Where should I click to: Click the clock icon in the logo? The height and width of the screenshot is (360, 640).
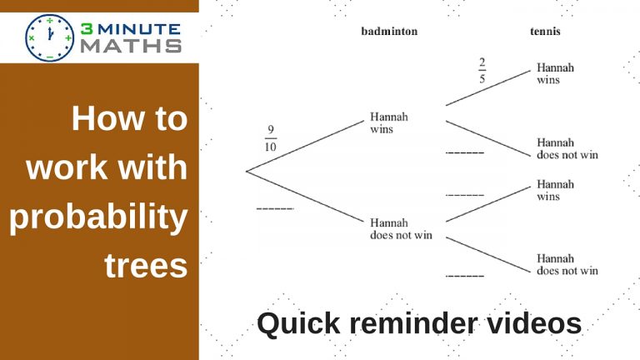pyautogui.click(x=50, y=38)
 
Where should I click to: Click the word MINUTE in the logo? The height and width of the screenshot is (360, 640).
pyautogui.click(x=139, y=29)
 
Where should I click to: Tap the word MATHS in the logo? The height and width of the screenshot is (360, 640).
pyautogui.click(x=131, y=46)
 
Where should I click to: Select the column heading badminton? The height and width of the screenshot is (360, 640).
pyautogui.click(x=389, y=32)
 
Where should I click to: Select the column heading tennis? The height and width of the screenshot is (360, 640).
pyautogui.click(x=545, y=32)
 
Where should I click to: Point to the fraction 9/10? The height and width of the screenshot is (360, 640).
pyautogui.click(x=270, y=138)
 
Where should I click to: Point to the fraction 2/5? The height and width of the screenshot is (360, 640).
pyautogui.click(x=482, y=71)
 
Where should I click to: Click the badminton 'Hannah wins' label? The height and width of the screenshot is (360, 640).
pyautogui.click(x=389, y=122)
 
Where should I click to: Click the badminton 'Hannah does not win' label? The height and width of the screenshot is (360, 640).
pyautogui.click(x=401, y=229)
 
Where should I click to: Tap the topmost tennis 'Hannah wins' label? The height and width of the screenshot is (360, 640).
pyautogui.click(x=555, y=73)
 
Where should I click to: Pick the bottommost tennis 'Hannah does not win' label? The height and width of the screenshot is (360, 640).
pyautogui.click(x=567, y=264)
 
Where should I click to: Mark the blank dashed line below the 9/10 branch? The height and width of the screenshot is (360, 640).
pyautogui.click(x=275, y=209)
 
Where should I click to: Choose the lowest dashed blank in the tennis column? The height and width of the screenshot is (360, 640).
pyautogui.click(x=465, y=277)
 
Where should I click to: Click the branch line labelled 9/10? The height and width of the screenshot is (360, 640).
pyautogui.click(x=305, y=146)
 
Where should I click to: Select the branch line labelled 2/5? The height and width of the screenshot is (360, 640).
pyautogui.click(x=488, y=88)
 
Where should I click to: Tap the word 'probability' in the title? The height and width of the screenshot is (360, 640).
pyautogui.click(x=98, y=217)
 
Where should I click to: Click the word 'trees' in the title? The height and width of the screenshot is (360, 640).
pyautogui.click(x=146, y=266)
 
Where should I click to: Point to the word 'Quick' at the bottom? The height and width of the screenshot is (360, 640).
pyautogui.click(x=299, y=323)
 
